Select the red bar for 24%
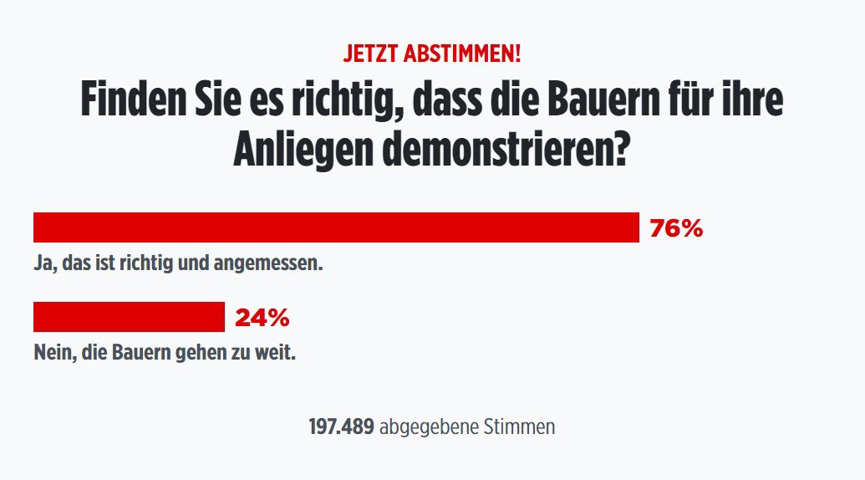coord(129,317)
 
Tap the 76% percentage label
coord(676,228)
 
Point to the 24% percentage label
coord(262,318)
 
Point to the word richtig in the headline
coord(333,100)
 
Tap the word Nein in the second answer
coord(52,354)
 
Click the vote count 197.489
coord(341,427)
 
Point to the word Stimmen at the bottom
coord(519,427)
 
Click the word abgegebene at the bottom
coord(429,427)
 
